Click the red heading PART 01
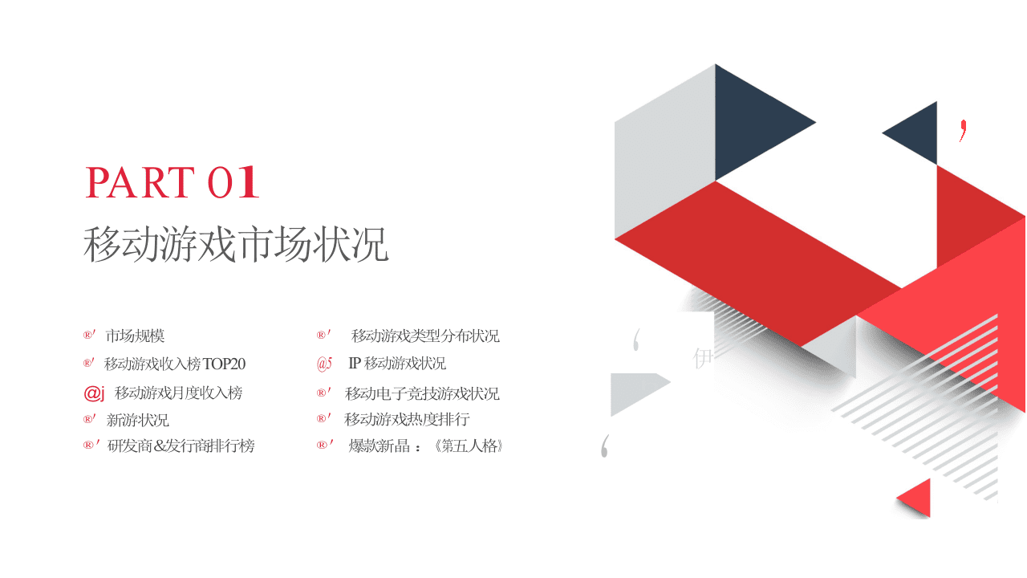point(172,182)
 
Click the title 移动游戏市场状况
point(236,245)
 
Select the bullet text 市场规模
point(135,336)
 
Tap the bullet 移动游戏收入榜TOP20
point(175,364)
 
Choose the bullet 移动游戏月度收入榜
point(178,393)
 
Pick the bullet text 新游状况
point(137,420)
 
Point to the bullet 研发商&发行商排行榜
point(181,446)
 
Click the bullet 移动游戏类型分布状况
point(425,336)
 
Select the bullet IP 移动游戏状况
point(397,364)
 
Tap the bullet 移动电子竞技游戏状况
point(422,393)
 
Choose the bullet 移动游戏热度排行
point(407,419)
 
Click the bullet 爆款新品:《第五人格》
point(426,446)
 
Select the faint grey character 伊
point(703,359)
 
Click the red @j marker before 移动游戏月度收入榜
point(94,393)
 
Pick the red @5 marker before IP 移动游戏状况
point(324,364)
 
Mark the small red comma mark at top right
point(963,130)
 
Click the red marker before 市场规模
point(89,336)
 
